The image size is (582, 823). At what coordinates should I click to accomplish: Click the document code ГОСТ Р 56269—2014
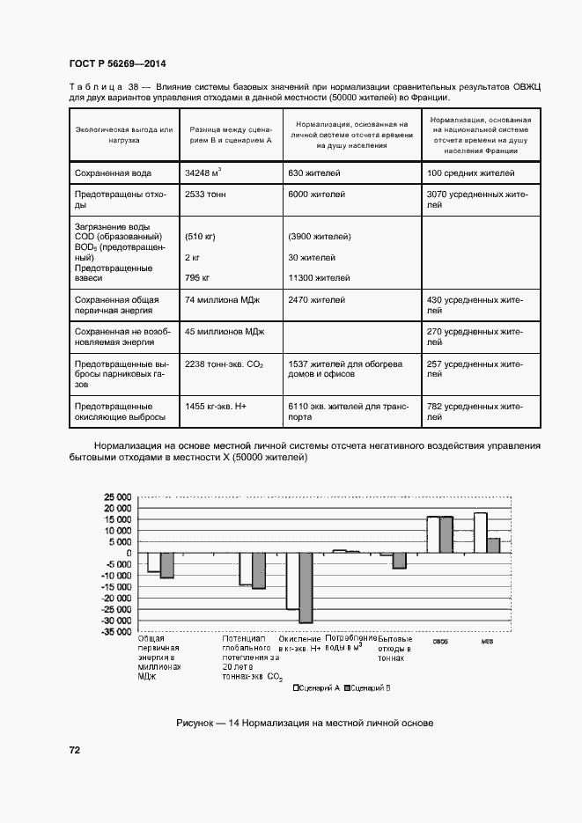(x=116, y=63)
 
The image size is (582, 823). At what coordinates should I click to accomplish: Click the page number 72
(x=75, y=750)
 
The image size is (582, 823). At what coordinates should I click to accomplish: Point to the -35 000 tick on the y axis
(x=115, y=632)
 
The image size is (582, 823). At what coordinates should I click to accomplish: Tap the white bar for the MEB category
(x=480, y=533)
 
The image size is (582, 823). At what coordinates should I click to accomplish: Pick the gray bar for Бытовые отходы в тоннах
(x=400, y=561)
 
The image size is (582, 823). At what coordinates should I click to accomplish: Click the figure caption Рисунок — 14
(x=304, y=724)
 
